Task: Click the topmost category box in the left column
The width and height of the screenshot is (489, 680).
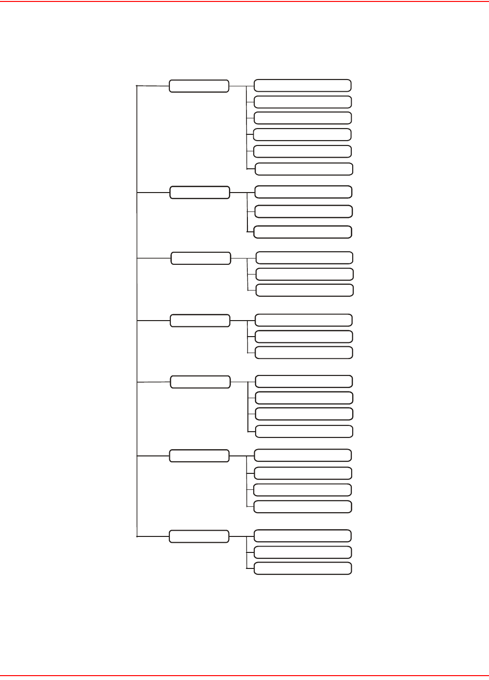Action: pyautogui.click(x=199, y=86)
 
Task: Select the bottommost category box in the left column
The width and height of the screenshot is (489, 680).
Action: pyautogui.click(x=199, y=536)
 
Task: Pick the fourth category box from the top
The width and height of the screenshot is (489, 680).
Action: pyautogui.click(x=200, y=321)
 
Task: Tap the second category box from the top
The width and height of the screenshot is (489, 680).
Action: pyautogui.click(x=199, y=192)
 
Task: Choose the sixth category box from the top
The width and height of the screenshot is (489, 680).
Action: pyautogui.click(x=199, y=456)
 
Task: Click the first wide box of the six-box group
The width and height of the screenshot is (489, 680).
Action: pyautogui.click(x=302, y=85)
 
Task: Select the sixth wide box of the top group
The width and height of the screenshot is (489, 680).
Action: pyautogui.click(x=304, y=169)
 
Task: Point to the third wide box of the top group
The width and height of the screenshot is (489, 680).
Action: pyautogui.click(x=302, y=118)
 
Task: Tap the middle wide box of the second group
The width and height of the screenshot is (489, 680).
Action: pyautogui.click(x=303, y=211)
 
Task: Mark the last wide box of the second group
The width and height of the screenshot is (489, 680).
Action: pyautogui.click(x=303, y=232)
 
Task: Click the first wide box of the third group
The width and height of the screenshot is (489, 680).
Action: pyautogui.click(x=304, y=258)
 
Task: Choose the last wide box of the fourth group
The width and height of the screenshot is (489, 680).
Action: pyautogui.click(x=304, y=353)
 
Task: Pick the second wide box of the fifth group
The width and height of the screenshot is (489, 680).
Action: pyautogui.click(x=304, y=398)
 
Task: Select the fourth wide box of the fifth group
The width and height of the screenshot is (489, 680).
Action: pyautogui.click(x=304, y=431)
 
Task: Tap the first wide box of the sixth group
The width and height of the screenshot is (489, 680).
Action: pyautogui.click(x=303, y=455)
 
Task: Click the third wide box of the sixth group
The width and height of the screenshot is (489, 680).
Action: pyautogui.click(x=302, y=489)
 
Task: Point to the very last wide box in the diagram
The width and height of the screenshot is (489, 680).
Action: pyautogui.click(x=303, y=568)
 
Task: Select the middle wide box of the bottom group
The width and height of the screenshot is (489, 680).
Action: pyautogui.click(x=303, y=552)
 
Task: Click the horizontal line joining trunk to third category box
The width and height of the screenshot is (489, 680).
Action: pyautogui.click(x=154, y=259)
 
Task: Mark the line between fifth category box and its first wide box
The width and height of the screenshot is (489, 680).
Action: pyautogui.click(x=243, y=382)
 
